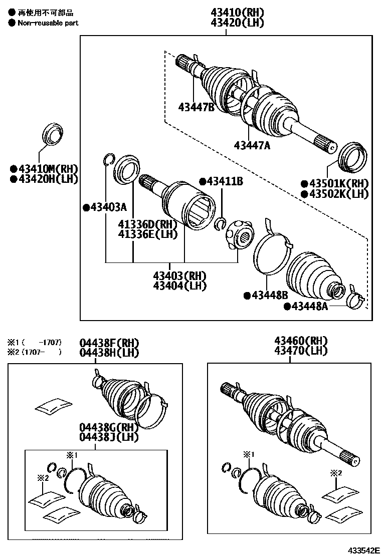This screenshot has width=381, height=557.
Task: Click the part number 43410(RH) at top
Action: [x=237, y=12]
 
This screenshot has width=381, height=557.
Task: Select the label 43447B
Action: [x=196, y=107]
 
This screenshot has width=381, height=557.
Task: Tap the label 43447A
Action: [x=252, y=145]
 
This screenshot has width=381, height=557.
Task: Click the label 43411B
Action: [x=224, y=181]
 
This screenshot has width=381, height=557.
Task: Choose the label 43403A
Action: [x=108, y=207]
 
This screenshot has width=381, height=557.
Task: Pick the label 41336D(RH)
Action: [x=148, y=224]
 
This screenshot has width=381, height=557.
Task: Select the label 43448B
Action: [x=265, y=296]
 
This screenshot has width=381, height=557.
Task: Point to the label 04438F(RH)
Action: [x=109, y=343]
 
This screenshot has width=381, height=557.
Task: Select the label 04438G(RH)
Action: [x=108, y=427]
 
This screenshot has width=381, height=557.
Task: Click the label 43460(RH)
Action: [x=301, y=341]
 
